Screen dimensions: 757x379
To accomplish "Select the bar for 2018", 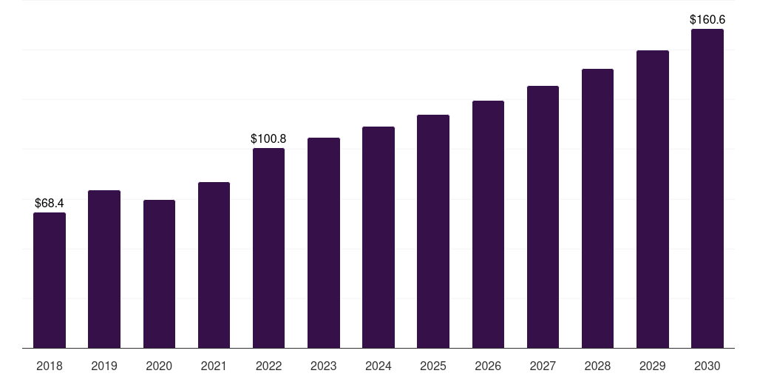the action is [50, 281].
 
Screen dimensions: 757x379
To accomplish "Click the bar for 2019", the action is [104, 269].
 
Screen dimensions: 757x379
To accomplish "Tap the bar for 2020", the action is [160, 274].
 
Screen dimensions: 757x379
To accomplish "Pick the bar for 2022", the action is [269, 248].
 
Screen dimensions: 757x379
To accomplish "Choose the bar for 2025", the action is [433, 232].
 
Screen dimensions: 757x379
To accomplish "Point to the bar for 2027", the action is [543, 217].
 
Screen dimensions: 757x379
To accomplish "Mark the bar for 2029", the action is [653, 199].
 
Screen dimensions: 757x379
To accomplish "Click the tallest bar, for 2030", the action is [707, 189].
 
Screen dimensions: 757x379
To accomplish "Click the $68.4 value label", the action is [50, 203].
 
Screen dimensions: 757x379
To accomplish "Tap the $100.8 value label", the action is [268, 138].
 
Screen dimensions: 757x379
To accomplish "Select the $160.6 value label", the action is [707, 19].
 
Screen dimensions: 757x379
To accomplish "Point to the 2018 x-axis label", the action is [50, 366].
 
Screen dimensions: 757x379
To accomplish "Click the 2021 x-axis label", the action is [214, 366].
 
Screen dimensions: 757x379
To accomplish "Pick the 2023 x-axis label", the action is [324, 366].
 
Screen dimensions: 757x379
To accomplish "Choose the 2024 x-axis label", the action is [378, 366].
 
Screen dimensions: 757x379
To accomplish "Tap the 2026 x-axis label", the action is [488, 366].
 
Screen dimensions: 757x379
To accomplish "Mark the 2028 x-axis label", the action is [597, 366].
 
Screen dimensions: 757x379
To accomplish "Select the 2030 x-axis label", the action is [707, 366].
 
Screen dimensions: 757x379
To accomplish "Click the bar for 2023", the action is [324, 243].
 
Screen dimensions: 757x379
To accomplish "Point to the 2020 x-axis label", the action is [159, 366].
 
